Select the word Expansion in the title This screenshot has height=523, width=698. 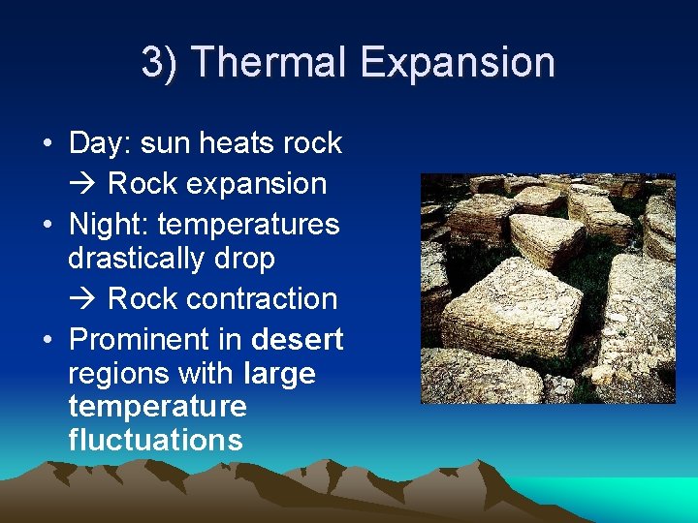[457, 63]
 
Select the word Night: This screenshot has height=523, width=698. [109, 225]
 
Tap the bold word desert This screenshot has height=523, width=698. [297, 340]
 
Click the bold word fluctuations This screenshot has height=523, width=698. [155, 440]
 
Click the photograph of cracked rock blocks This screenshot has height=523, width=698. [548, 289]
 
